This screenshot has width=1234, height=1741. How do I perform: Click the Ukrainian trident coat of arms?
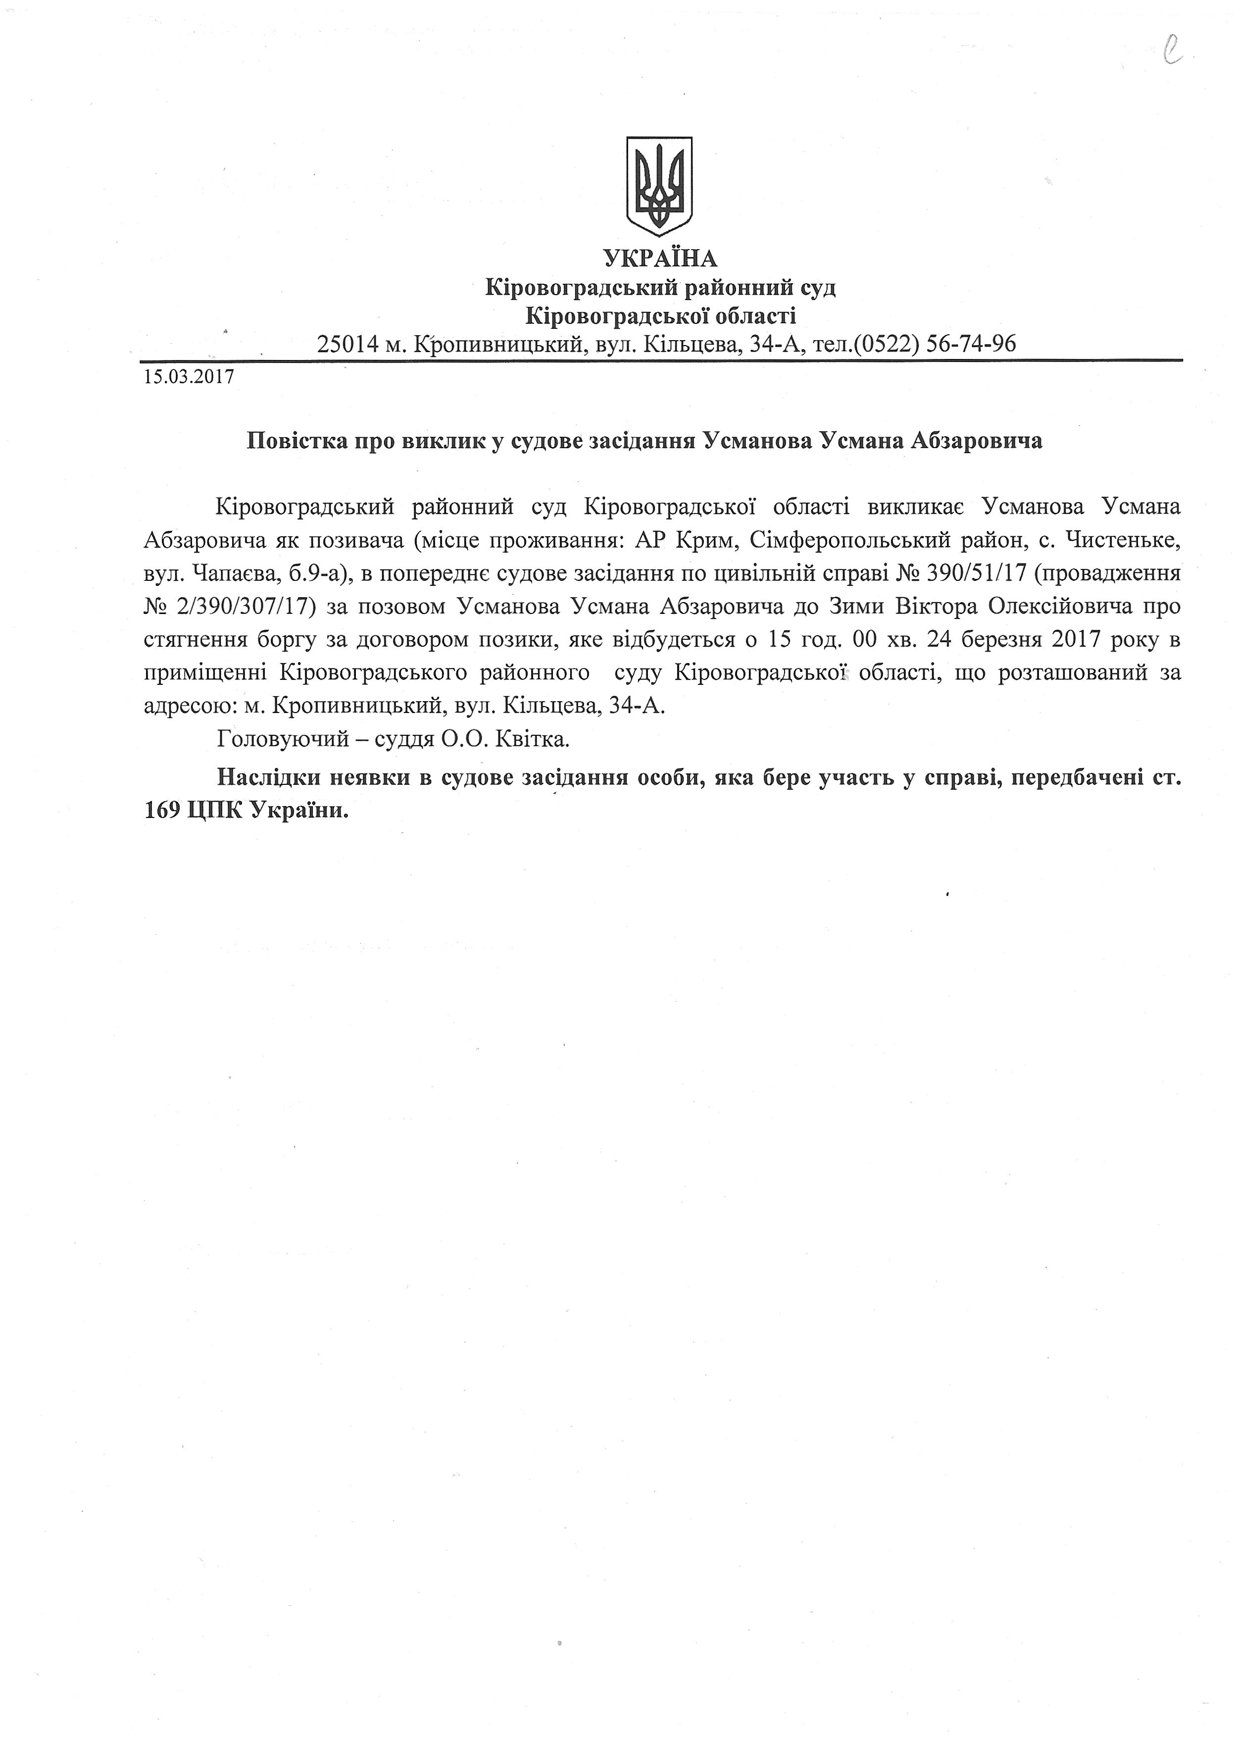click(x=659, y=185)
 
